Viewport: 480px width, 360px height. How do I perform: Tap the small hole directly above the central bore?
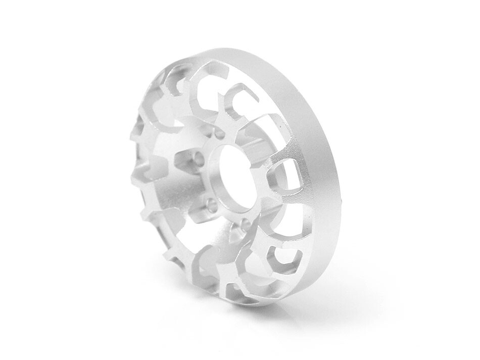pos(218,136)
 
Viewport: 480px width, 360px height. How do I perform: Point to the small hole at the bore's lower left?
pos(211,205)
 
